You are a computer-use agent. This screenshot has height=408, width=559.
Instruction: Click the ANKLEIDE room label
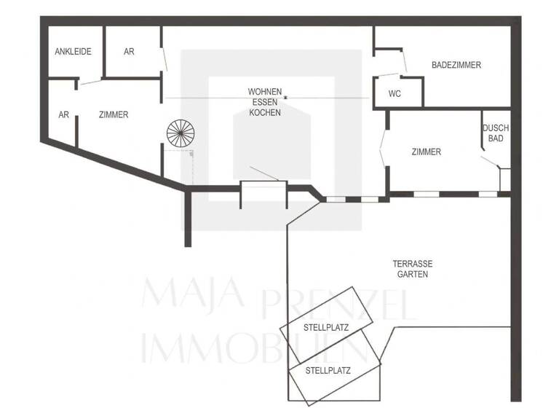click(73, 52)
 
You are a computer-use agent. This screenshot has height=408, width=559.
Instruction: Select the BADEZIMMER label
click(456, 65)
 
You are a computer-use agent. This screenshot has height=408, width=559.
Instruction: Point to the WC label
click(395, 93)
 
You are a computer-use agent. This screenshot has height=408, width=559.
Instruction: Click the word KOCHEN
click(265, 112)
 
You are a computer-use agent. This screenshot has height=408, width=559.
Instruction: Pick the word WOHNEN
click(265, 92)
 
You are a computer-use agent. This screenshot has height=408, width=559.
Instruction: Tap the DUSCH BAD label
click(496, 133)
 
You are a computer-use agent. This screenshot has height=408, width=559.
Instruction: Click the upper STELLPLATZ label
click(325, 328)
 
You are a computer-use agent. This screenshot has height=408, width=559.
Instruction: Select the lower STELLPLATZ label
click(328, 370)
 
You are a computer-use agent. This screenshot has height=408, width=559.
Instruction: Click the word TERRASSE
click(413, 264)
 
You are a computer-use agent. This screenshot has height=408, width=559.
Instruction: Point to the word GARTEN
click(413, 275)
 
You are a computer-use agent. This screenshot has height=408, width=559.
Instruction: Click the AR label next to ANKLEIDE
click(129, 52)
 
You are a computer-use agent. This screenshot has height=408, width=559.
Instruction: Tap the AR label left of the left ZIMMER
click(63, 114)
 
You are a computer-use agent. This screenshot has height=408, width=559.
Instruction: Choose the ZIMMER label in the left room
click(114, 114)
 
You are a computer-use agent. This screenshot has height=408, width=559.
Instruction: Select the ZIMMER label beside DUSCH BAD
click(426, 152)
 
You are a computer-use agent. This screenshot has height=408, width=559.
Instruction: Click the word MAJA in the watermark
click(193, 294)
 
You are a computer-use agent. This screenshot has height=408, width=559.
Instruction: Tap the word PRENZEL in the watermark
click(338, 305)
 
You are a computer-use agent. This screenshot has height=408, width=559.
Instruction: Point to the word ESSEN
click(265, 102)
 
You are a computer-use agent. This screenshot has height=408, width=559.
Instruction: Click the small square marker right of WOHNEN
click(287, 96)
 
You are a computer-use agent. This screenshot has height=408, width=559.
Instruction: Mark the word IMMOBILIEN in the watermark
click(251, 348)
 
